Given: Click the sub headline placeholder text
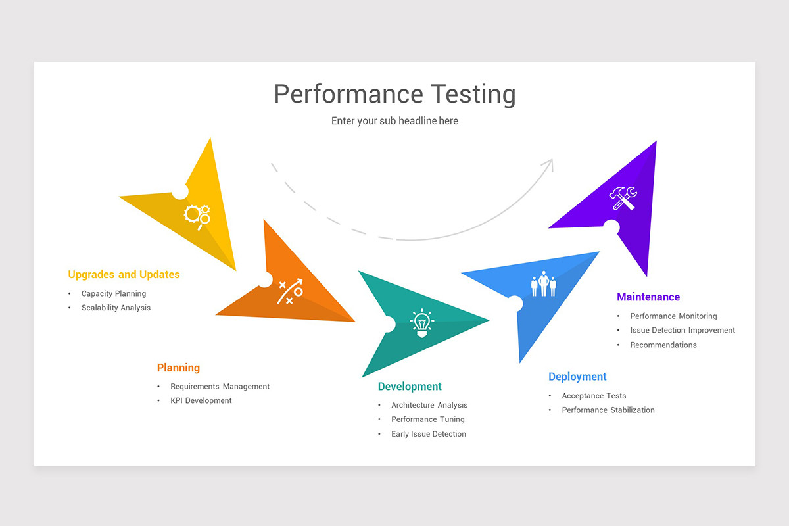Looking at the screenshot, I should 394,121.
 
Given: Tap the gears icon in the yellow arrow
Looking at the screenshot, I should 197,215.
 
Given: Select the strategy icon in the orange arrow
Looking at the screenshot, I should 290,291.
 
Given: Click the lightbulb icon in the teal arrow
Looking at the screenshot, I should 421,323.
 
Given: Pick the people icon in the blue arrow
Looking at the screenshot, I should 543,284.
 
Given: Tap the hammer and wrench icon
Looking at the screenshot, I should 622,198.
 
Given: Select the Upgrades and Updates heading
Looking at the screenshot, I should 124,274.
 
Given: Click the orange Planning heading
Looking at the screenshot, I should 178,368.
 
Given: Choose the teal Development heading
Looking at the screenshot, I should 410,387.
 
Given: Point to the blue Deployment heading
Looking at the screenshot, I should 577,377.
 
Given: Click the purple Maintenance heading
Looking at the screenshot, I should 648,297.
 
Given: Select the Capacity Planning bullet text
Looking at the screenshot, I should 114,294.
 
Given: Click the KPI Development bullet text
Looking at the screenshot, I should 201,400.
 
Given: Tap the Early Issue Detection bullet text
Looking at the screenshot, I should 429,434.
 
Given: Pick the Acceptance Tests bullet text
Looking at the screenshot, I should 594,396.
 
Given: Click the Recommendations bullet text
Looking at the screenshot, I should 663,345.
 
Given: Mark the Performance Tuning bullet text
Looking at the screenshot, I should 428,419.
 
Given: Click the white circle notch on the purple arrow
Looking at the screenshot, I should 611,227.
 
